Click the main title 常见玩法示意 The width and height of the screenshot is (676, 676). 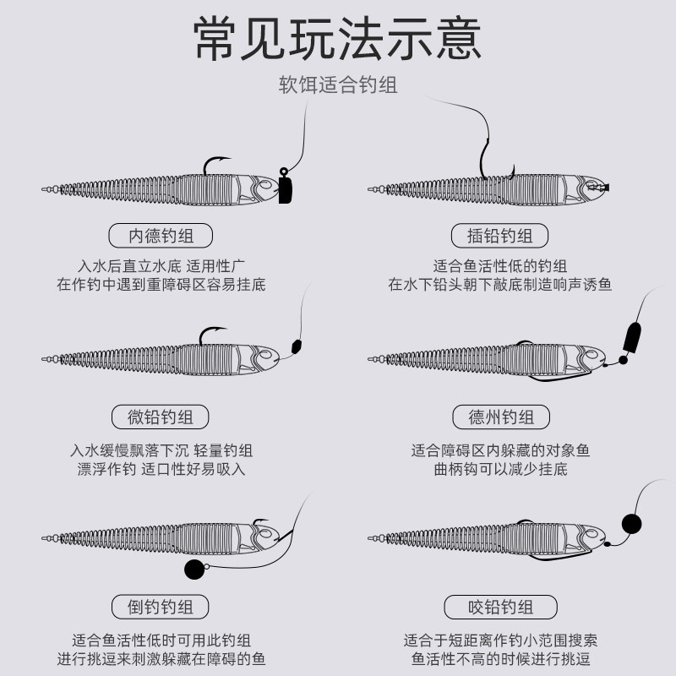click(338, 40)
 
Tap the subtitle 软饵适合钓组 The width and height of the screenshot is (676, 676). click(338, 85)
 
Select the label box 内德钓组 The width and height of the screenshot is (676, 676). click(161, 237)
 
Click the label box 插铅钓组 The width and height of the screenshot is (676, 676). click(500, 237)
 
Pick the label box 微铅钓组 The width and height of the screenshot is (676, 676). click(161, 417)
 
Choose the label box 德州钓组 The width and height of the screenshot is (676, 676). click(500, 417)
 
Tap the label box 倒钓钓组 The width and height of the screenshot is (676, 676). click(161, 607)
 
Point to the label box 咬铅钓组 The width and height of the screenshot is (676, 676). click(500, 607)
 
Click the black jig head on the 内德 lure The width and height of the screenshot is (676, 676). click(285, 188)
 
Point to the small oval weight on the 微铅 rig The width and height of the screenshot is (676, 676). click(296, 346)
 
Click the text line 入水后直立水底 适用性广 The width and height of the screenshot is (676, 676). click(161, 265)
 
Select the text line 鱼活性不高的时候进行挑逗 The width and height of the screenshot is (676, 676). click(500, 659)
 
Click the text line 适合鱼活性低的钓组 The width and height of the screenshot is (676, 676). click(500, 265)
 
